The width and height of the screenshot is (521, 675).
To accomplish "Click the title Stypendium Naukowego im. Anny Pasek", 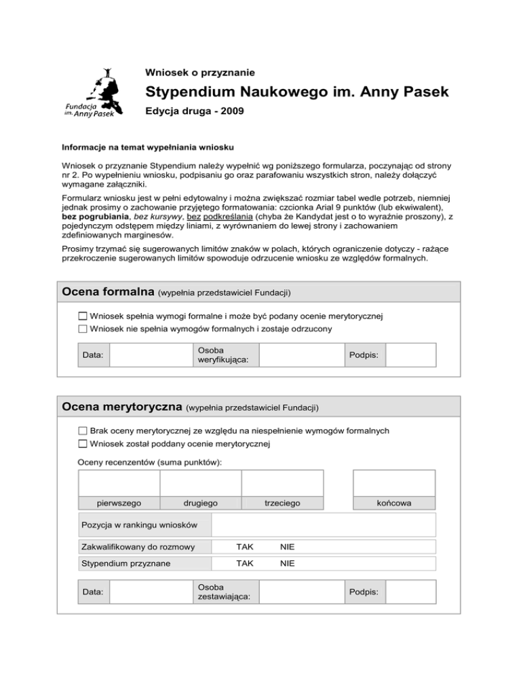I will (297, 92).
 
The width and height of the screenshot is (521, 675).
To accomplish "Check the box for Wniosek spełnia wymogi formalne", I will (83, 316).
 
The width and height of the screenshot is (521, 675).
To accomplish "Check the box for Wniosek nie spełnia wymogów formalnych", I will (83, 329).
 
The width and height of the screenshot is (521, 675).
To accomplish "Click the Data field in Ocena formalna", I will (143, 354).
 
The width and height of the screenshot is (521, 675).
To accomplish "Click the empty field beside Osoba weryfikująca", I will (300, 354).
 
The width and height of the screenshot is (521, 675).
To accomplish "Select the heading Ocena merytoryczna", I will (121, 407).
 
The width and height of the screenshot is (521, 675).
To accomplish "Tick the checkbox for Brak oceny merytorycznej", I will (83, 431).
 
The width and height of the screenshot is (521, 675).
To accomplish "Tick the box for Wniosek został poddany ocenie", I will (83, 445).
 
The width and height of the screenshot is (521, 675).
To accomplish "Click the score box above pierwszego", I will (119, 484).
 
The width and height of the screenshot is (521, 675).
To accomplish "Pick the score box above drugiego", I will (201, 484).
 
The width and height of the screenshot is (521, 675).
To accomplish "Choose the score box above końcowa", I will (394, 484).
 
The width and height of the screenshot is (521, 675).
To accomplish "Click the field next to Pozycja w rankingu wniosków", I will (324, 526).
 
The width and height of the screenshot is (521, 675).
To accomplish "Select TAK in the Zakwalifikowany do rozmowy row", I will (244, 547).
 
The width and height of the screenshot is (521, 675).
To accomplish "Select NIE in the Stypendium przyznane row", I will (287, 564).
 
